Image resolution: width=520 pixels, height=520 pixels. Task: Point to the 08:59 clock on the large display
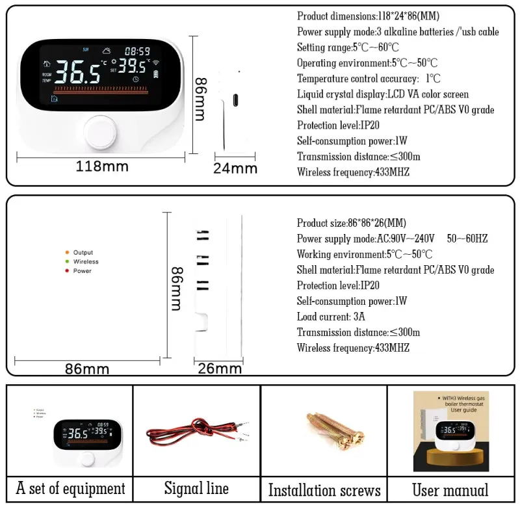point(137,51)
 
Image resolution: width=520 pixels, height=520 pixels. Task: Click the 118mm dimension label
point(102,166)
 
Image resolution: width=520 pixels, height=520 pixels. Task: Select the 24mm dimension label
point(235,168)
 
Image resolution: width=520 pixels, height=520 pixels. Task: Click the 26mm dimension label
point(220,369)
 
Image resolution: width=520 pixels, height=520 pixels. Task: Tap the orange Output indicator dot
point(67,252)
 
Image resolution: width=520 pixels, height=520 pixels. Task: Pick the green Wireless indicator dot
point(67,261)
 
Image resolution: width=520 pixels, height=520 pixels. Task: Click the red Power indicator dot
point(67,270)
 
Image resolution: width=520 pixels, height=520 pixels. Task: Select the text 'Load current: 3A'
point(331,317)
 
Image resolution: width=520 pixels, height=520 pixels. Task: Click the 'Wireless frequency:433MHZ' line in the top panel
point(353,172)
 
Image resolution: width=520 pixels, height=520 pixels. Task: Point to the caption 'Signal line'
point(196,488)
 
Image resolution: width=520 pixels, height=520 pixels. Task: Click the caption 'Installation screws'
point(324,489)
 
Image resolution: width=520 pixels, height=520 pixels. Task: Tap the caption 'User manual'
point(450,489)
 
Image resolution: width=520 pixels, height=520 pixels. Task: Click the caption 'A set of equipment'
point(70,488)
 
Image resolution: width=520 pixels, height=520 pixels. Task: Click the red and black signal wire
point(188,434)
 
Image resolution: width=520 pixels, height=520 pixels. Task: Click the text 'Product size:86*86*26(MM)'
point(352,223)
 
